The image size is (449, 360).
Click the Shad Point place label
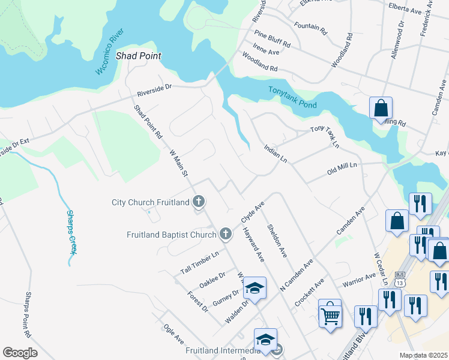coord(139,56)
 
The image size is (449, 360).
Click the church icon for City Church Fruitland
coord(199,202)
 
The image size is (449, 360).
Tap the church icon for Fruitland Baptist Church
coord(225,233)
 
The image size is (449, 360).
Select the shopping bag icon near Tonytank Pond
coord(381,109)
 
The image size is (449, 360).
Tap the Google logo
coord(20,353)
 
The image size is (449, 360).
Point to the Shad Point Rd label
coord(148,122)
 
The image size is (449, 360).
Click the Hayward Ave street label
coord(253,246)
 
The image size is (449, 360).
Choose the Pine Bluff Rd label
coord(272,40)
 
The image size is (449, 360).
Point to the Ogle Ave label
coord(173,335)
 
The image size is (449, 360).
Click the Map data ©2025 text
coord(424,355)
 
